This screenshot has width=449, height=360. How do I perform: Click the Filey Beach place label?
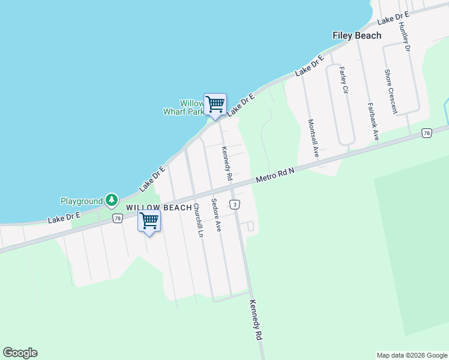pos(357,35)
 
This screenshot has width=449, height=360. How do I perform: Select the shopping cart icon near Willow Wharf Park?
pos(215,104)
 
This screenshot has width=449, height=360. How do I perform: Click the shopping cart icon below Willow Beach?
pos(149,221)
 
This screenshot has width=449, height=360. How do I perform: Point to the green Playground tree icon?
pos(111,200)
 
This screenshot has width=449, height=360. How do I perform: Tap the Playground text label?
pos(82,201)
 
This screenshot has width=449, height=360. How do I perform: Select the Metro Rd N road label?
pos(275,175)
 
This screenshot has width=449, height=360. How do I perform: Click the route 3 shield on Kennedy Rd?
pos(234,205)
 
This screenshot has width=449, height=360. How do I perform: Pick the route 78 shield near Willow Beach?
pos(117,218)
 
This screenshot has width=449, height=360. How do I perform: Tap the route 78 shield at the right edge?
pos(426,133)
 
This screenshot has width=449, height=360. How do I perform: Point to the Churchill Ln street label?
pos(197,221)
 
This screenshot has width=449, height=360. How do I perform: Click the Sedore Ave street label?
pos(216,215)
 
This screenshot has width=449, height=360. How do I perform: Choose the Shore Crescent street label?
pos(391,91)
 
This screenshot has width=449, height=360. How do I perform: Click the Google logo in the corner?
pos(20,353)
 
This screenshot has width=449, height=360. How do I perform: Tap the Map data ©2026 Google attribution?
pos(411,355)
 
